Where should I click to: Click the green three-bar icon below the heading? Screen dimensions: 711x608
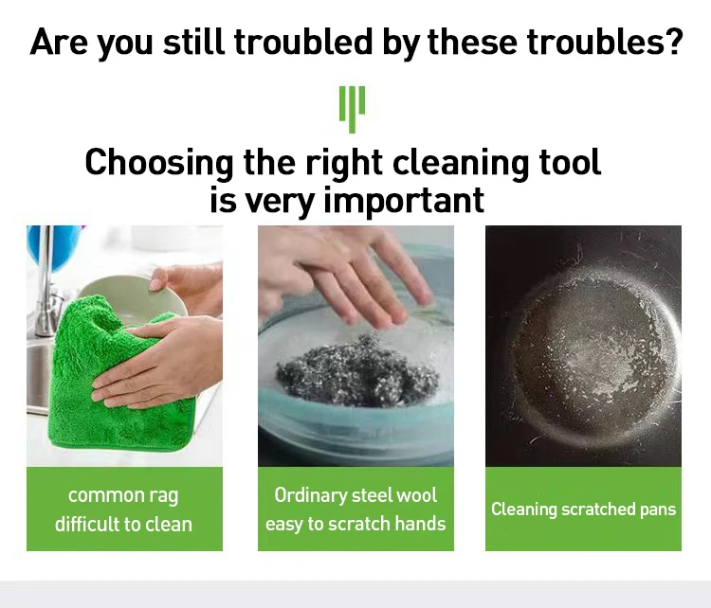click(352, 109)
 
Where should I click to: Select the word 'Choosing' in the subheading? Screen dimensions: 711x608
click(159, 163)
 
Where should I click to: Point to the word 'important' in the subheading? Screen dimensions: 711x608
click(404, 200)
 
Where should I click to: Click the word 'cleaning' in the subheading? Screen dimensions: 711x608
click(461, 163)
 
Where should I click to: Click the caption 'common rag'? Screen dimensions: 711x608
click(123, 495)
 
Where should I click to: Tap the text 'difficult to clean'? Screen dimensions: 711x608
click(123, 524)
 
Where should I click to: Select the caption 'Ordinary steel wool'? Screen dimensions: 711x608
click(355, 494)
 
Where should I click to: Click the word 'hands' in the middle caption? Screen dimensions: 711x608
click(420, 524)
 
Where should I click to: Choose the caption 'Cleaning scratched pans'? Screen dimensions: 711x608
click(584, 510)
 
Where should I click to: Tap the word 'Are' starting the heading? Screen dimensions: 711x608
click(59, 42)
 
